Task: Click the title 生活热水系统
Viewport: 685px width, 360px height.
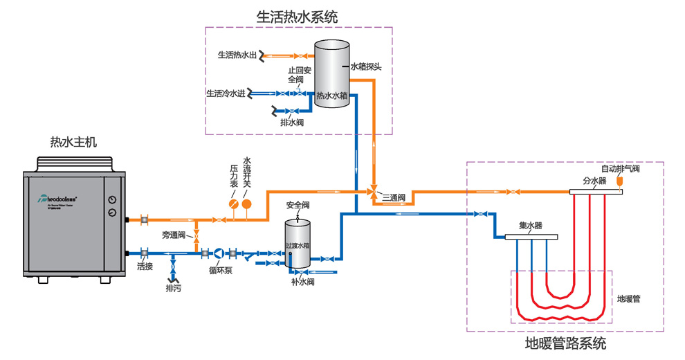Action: (298, 17)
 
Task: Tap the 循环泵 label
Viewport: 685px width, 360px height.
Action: (220, 270)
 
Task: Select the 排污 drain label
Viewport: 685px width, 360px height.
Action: (173, 288)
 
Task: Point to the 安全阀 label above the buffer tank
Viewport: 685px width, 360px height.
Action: (298, 206)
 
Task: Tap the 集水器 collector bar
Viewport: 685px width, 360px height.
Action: (531, 237)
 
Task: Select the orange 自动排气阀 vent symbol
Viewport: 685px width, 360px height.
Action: (619, 180)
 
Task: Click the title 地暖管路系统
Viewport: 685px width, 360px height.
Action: (565, 343)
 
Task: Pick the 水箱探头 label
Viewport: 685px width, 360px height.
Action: (366, 67)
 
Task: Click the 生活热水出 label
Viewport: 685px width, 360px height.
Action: (237, 55)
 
